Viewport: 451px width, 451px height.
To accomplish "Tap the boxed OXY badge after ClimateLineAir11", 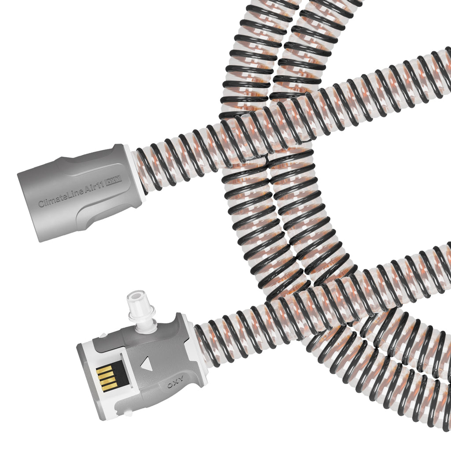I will (113, 180).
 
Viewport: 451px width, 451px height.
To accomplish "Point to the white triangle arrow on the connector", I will (146, 364).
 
